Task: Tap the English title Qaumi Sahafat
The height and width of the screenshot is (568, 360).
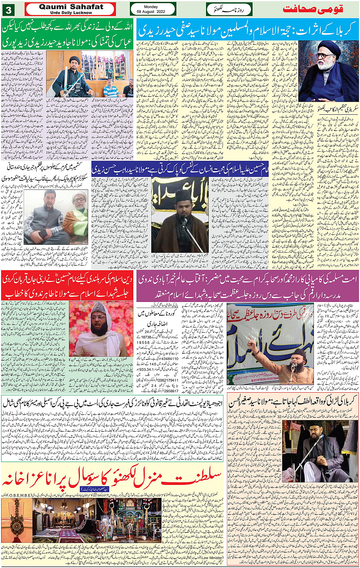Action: pyautogui.click(x=71, y=7)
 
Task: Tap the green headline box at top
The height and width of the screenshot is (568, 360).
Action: pyautogui.click(x=68, y=35)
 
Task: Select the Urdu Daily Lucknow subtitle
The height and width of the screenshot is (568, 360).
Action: pyautogui.click(x=71, y=13)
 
